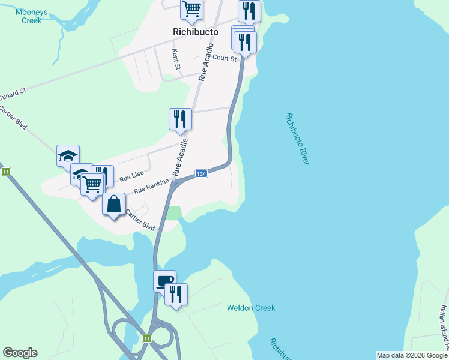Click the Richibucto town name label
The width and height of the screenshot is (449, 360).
[x=194, y=31]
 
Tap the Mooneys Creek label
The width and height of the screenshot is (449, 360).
[x=28, y=16]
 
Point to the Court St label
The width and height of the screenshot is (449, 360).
[x=226, y=58]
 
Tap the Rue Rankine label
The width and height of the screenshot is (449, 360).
[x=153, y=184]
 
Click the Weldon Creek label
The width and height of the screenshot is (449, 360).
[x=251, y=308]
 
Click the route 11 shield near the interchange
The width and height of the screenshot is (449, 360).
[x=146, y=338]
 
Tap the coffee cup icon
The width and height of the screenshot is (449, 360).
[x=164, y=280]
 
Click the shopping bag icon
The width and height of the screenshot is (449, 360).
[x=113, y=204]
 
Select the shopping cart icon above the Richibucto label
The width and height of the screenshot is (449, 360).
[x=191, y=9]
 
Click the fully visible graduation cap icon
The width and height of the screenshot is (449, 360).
[x=68, y=155]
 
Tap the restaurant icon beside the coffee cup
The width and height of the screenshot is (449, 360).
[x=176, y=294]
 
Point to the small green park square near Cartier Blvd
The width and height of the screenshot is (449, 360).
[x=173, y=213]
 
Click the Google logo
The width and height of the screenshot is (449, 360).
[x=20, y=353]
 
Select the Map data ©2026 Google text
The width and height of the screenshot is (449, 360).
[x=412, y=355]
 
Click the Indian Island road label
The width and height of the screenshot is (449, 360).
[x=443, y=327]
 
